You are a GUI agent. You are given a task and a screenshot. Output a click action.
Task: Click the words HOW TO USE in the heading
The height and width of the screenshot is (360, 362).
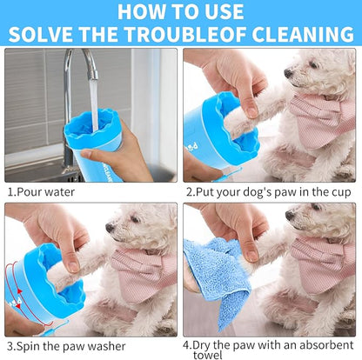coord(180,12)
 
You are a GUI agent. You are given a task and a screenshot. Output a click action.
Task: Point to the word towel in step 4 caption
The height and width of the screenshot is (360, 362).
coord(204,353)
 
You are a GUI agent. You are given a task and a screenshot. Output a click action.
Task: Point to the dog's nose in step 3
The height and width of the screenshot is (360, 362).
coord(110,228)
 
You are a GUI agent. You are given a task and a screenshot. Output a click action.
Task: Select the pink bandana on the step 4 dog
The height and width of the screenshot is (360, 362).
coord(326,265)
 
